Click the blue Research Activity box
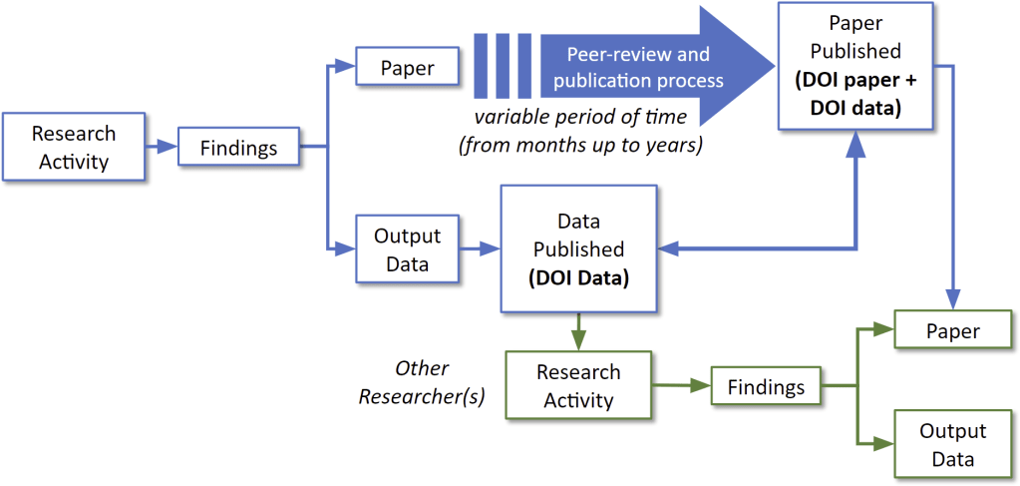[74, 147]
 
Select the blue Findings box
[239, 147]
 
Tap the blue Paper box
[407, 69]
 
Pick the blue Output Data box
[407, 249]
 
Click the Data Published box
[578, 248]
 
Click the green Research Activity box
[578, 385]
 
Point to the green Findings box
[765, 385]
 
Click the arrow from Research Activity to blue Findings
[161, 147]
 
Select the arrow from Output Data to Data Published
[481, 249]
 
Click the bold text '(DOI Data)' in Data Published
[578, 278]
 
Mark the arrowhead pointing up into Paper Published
[855, 148]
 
